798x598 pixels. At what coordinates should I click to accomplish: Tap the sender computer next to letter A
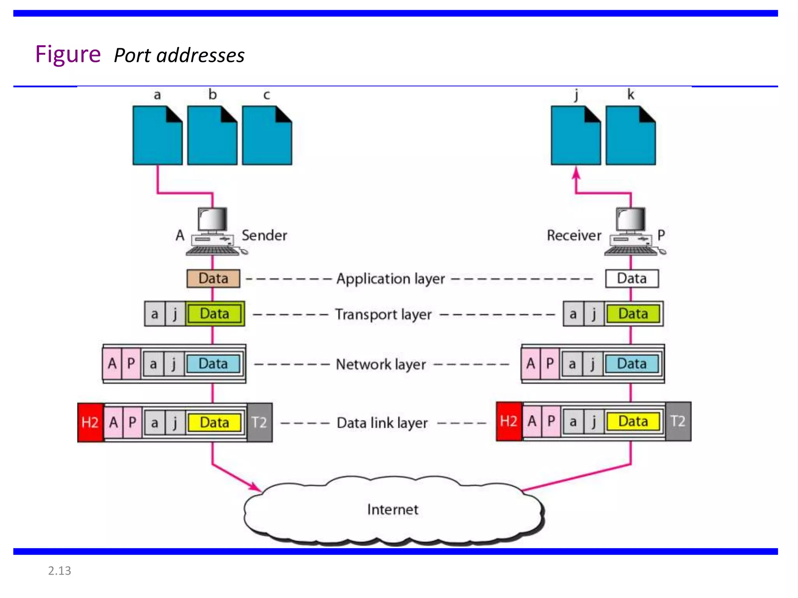point(214,232)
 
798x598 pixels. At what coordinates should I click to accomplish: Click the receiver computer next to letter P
point(632,232)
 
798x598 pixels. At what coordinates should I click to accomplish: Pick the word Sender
point(264,236)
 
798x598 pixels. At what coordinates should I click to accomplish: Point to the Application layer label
point(390,279)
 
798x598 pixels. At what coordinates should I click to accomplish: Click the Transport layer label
point(383,314)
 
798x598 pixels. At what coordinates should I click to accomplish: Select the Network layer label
point(381,364)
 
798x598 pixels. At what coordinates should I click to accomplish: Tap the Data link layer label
point(382,423)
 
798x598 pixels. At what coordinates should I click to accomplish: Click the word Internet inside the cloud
point(392,510)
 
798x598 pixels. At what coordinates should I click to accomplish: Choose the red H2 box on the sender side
point(90,422)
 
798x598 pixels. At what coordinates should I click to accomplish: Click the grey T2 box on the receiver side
point(678,421)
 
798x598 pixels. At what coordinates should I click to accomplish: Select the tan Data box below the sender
point(213,279)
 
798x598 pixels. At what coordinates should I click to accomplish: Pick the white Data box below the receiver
point(632,279)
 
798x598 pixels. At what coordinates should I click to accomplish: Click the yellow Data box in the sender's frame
point(214,423)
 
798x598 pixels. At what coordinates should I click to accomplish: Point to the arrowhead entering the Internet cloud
point(256,487)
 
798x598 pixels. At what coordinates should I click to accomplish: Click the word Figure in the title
point(68,54)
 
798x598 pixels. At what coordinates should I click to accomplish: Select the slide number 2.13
point(59,571)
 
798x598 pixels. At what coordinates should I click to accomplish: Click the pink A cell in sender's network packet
point(112,364)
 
